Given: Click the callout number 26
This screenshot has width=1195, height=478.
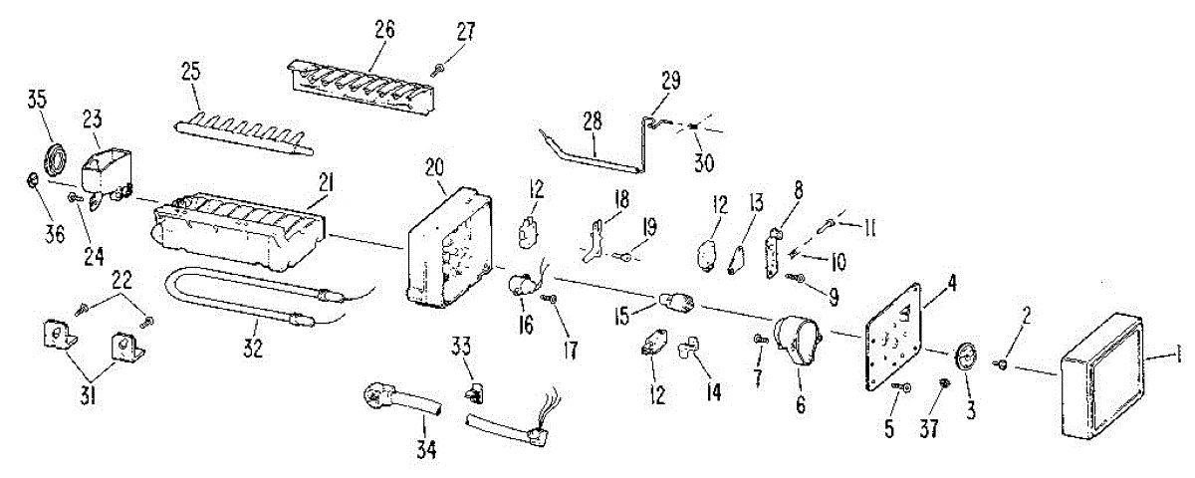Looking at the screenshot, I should point(384,29).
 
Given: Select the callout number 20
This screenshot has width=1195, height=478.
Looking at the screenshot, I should point(435,168).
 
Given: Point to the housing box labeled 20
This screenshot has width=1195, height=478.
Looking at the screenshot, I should point(449,245).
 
